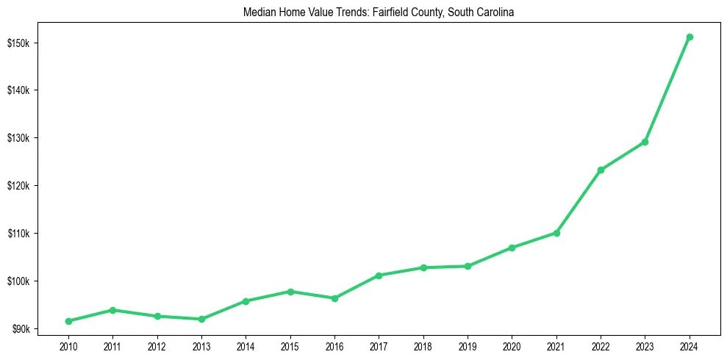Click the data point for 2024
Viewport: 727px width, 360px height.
tap(690, 37)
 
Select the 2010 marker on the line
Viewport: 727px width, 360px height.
tap(68, 321)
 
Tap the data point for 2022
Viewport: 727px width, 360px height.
tap(601, 170)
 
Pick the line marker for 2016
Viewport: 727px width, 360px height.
tap(334, 298)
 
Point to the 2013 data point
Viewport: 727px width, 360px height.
tap(201, 319)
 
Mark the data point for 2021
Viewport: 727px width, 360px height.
tap(556, 233)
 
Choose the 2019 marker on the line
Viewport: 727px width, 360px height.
tap(468, 266)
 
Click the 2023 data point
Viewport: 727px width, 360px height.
tap(645, 142)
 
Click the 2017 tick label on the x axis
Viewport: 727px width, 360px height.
tap(379, 345)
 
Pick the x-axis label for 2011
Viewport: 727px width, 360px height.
tap(112, 345)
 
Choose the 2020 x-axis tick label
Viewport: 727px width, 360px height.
tap(512, 345)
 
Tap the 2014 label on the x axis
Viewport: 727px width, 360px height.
tap(246, 345)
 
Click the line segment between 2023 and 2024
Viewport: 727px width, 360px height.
tap(667, 89)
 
